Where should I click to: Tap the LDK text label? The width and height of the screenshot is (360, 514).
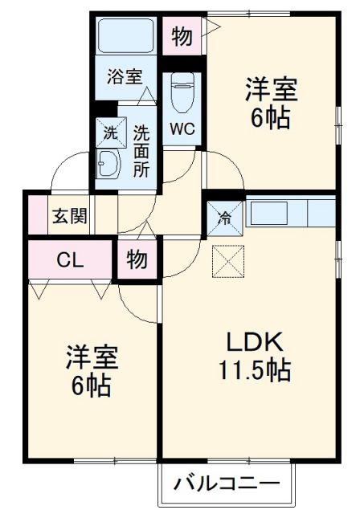(x=252, y=344)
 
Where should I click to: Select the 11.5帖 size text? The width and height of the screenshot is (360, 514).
(x=252, y=370)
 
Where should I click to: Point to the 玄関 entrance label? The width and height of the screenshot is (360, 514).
(x=71, y=216)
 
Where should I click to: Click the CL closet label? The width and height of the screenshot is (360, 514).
(x=71, y=259)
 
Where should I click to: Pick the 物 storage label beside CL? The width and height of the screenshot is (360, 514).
(x=137, y=260)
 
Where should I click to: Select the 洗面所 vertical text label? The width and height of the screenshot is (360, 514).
(x=141, y=150)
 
